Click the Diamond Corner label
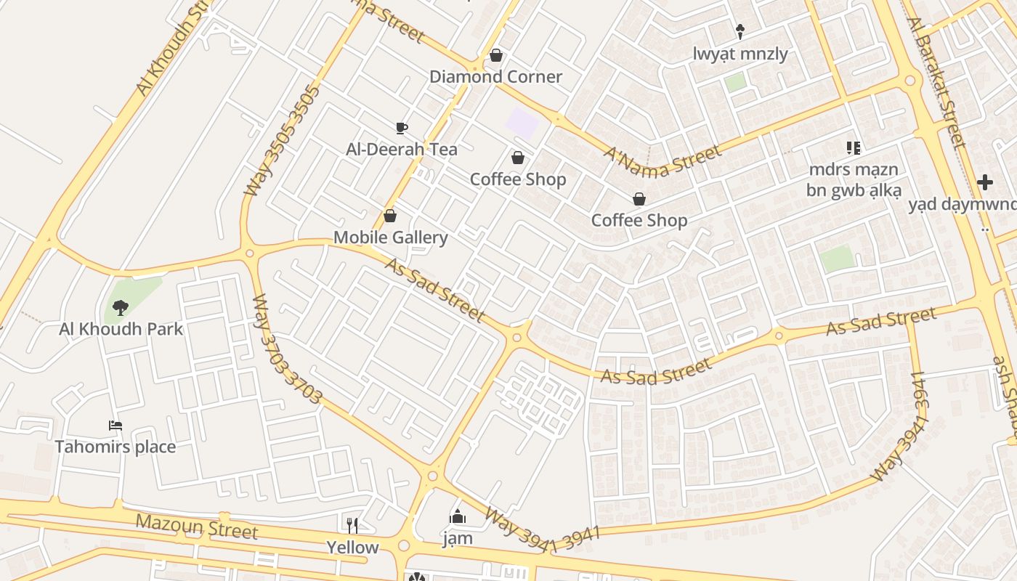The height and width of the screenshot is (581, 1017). [x=495, y=76]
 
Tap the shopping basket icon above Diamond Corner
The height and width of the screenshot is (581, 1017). [x=496, y=55]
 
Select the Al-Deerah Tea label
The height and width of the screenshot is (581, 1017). [x=402, y=150]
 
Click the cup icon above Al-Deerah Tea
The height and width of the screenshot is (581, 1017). [x=402, y=129]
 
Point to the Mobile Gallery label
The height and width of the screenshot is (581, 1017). [x=390, y=237]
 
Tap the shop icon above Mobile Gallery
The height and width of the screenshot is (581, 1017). [x=390, y=216]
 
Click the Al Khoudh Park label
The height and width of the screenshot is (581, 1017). [x=121, y=329]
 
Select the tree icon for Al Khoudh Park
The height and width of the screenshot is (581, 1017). [x=121, y=308]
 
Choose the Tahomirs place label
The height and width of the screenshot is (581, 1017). [x=116, y=446]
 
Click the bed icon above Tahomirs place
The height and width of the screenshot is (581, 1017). [x=116, y=425]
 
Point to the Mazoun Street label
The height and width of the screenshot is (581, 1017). [x=196, y=526]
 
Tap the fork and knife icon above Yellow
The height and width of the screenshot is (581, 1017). [x=352, y=525]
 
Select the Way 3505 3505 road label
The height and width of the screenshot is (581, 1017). [x=282, y=141]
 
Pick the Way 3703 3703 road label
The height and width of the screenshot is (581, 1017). [x=287, y=349]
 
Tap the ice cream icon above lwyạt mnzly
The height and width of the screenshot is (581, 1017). [x=740, y=31]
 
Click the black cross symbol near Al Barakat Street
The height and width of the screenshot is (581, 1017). [x=985, y=182]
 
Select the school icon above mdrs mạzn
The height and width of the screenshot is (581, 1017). [x=854, y=148]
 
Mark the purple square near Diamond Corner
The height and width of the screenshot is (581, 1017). [x=522, y=122]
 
